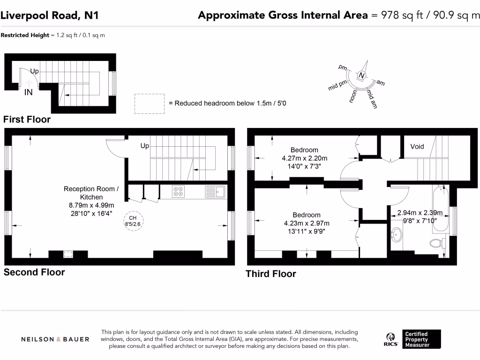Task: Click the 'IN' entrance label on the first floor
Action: tap(29, 92)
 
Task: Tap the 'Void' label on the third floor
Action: tap(417, 147)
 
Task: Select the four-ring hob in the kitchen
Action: tap(178, 192)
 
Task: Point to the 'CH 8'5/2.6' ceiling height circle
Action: tap(133, 221)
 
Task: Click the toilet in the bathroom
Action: tap(437, 243)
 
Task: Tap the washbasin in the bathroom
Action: tap(397, 235)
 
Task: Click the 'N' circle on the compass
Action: tap(361, 75)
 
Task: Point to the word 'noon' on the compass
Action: tap(353, 96)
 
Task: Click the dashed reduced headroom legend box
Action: tap(150, 104)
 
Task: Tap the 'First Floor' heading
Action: tap(27, 120)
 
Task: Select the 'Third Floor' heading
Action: tap(271, 274)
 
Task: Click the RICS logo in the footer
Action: tap(390, 340)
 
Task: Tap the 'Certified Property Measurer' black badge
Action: tap(421, 339)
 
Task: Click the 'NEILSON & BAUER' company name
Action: tap(55, 339)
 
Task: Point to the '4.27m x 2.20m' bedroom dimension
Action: tap(305, 158)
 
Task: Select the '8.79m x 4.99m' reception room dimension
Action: tap(91, 205)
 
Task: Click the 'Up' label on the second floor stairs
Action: tap(145, 146)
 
